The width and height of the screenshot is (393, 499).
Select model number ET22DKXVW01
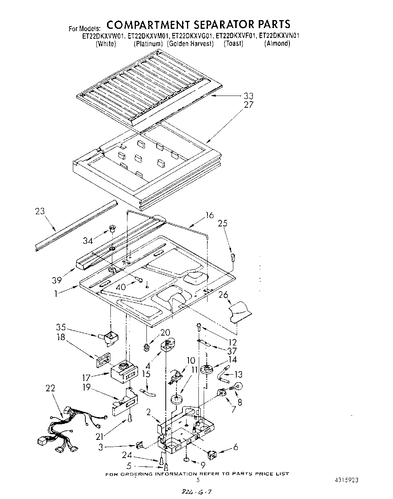coord(104,36)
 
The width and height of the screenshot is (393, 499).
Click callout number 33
coord(248,96)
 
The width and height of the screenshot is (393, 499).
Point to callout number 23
coord(40,211)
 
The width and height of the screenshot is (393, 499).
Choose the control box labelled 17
coord(123,372)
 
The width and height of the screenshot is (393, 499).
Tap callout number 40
coord(121,287)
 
